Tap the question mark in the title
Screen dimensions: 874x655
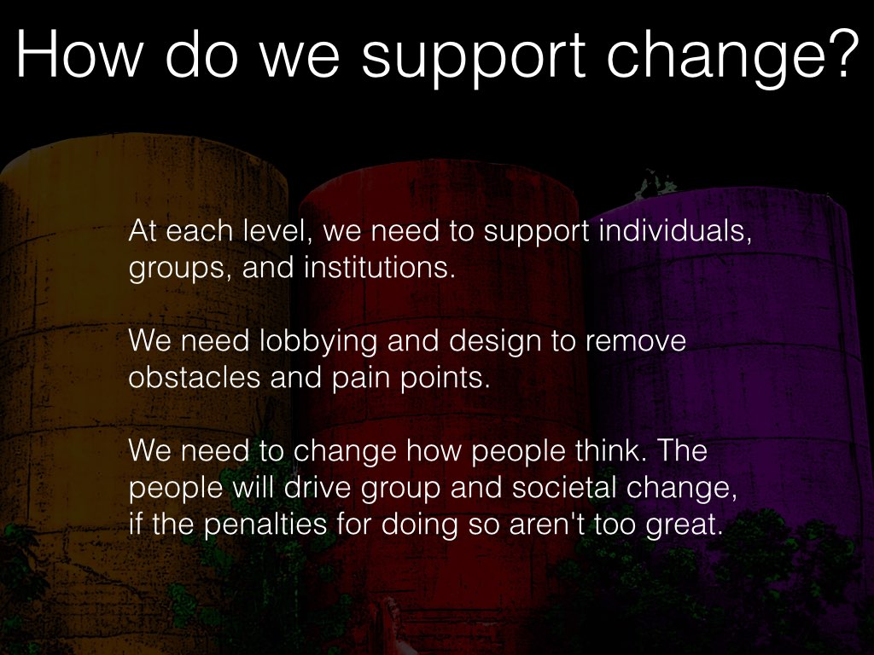pos(841,54)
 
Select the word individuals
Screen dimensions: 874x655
pos(675,230)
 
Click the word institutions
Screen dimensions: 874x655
pos(376,267)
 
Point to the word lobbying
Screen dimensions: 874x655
pos(318,341)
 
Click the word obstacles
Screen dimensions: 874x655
pos(195,377)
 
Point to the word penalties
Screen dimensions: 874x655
pos(265,525)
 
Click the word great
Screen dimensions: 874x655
pos(684,525)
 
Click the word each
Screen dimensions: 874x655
pos(199,230)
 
